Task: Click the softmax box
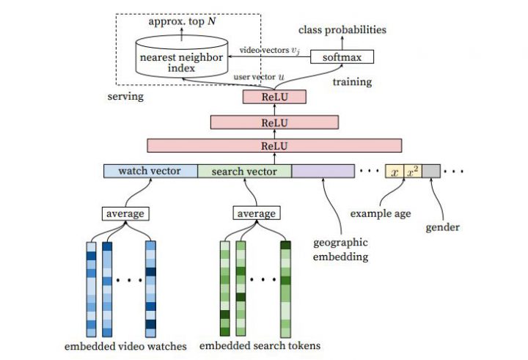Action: pyautogui.click(x=342, y=56)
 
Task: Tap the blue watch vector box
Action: pyautogui.click(x=150, y=172)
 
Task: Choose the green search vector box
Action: pyautogui.click(x=244, y=172)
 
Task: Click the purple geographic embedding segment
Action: pyautogui.click(x=323, y=172)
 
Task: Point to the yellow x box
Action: pyautogui.click(x=395, y=172)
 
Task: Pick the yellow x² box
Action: pyautogui.click(x=412, y=172)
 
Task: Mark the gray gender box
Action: pyautogui.click(x=430, y=172)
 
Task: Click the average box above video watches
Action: pyautogui.click(x=125, y=213)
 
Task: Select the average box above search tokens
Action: pyautogui.click(x=256, y=213)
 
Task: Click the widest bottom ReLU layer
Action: pyautogui.click(x=274, y=145)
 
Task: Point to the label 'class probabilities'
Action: pyautogui.click(x=342, y=30)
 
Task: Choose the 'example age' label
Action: pyautogui.click(x=381, y=213)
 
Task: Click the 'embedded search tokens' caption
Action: pyautogui.click(x=260, y=345)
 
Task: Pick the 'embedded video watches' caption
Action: pyautogui.click(x=127, y=345)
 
